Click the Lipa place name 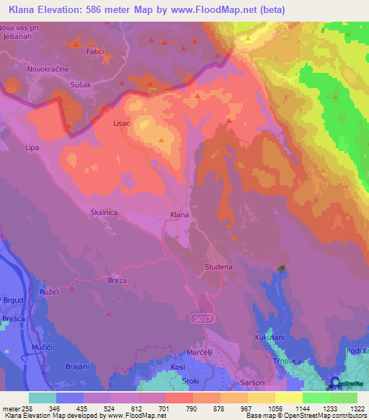[31, 147]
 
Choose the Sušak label [80, 85]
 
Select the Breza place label [117, 280]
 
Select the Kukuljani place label [270, 337]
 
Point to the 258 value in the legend [30, 408]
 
